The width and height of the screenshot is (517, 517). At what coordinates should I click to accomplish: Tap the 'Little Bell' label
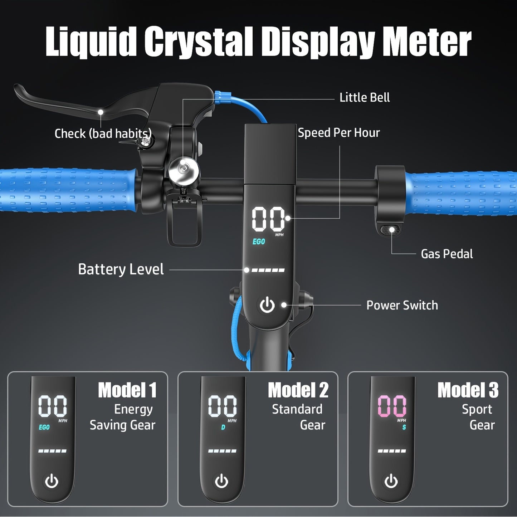(x=365, y=97)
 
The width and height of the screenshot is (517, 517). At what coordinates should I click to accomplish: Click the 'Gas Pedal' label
(x=447, y=254)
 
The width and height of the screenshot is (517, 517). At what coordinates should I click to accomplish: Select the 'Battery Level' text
(x=121, y=269)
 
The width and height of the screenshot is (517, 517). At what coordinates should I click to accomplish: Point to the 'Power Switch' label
(x=402, y=305)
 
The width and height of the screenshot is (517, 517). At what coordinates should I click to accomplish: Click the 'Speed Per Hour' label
(x=339, y=133)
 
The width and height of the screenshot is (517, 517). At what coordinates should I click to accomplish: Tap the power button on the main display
(x=267, y=305)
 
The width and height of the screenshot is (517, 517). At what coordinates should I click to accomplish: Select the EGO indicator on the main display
(x=259, y=242)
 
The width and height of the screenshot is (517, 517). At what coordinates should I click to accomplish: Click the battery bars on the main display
(x=268, y=270)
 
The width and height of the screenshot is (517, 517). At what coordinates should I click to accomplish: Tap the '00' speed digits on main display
(x=268, y=219)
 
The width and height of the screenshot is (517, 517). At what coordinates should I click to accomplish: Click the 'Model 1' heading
(x=127, y=390)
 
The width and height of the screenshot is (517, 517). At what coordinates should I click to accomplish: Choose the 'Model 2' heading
(x=298, y=390)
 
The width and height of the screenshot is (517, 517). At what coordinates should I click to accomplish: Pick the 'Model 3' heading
(x=468, y=390)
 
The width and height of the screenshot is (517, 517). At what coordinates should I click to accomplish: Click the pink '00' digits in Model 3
(x=392, y=406)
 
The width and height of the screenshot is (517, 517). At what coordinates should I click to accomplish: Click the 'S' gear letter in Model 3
(x=404, y=427)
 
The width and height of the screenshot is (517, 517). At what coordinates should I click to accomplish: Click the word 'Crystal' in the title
(x=199, y=41)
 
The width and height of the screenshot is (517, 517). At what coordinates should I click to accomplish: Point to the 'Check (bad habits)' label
(x=103, y=133)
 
